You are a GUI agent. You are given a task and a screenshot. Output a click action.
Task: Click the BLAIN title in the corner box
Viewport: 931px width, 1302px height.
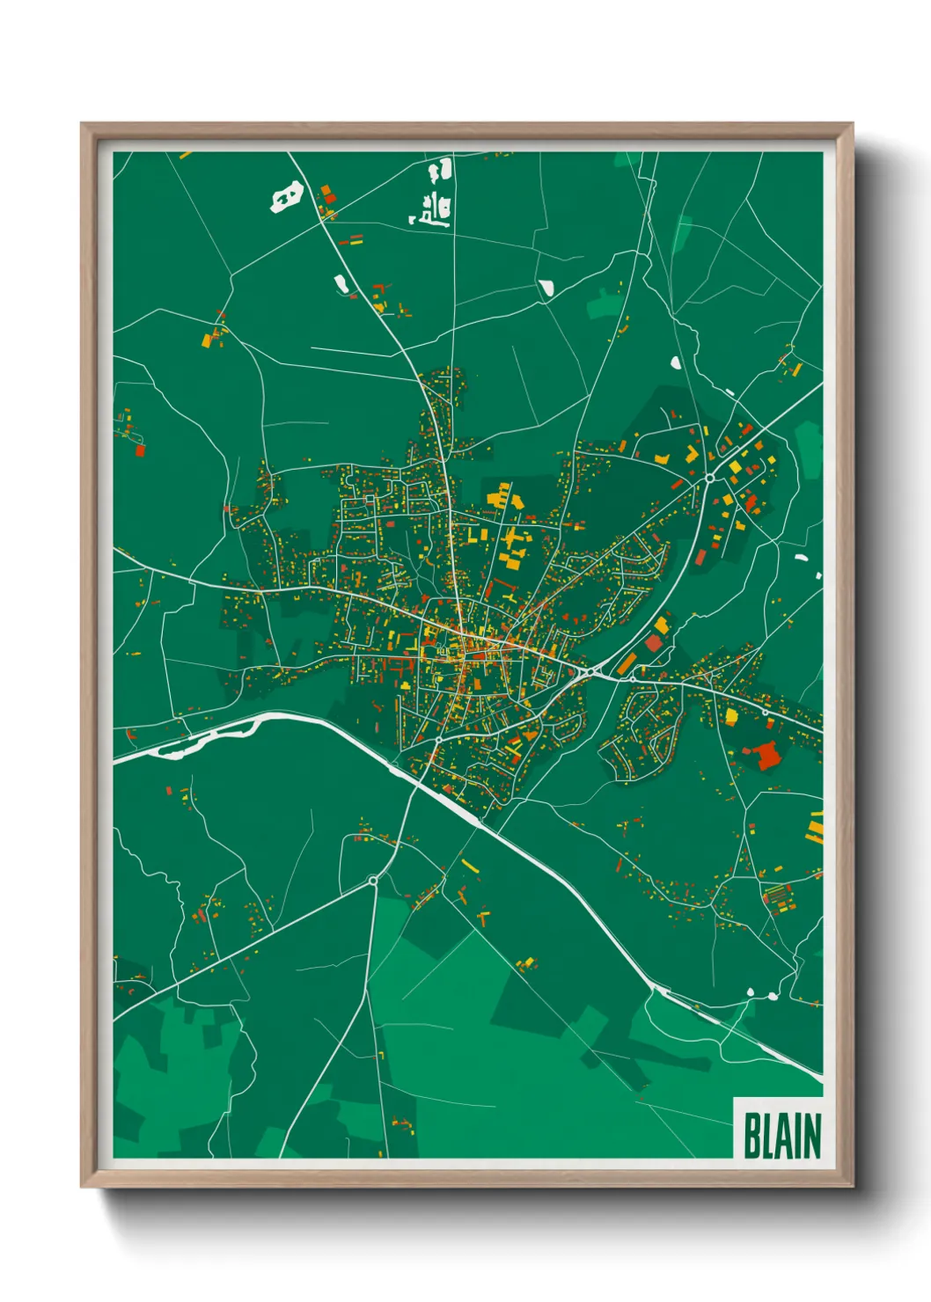click(x=781, y=1136)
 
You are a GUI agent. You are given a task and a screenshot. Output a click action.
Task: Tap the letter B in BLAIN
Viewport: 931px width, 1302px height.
click(x=752, y=1136)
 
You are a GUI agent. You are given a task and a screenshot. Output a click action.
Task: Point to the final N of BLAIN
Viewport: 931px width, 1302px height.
click(x=812, y=1136)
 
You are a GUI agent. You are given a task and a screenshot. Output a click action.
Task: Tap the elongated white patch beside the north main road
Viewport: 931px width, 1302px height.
click(x=341, y=283)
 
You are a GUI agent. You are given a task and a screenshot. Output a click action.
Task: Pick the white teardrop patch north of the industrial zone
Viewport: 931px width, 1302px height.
click(x=675, y=362)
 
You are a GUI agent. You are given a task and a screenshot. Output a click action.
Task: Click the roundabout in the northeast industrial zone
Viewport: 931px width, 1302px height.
click(x=709, y=479)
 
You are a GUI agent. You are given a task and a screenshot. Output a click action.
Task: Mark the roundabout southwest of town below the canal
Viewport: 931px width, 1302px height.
click(x=373, y=880)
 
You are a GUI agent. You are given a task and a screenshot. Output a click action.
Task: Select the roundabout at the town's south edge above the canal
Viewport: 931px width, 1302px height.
click(x=437, y=741)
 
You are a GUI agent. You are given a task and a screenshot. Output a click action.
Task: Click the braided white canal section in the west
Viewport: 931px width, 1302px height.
click(x=211, y=737)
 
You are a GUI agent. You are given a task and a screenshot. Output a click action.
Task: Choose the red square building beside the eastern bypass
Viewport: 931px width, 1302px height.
click(x=654, y=644)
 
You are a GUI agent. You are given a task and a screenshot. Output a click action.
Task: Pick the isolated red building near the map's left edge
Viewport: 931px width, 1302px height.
click(x=140, y=450)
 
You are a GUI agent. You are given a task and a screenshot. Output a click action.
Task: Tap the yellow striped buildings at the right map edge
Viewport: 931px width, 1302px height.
click(x=816, y=827)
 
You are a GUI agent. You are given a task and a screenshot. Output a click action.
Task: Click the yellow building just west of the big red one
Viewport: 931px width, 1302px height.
click(x=731, y=716)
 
